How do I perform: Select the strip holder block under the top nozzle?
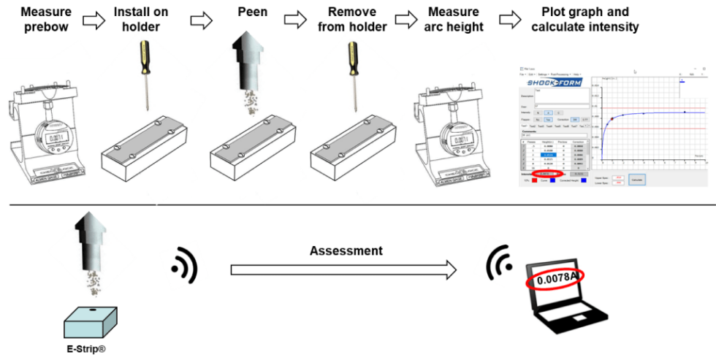[x=252, y=150]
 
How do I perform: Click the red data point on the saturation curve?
[x=612, y=118]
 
